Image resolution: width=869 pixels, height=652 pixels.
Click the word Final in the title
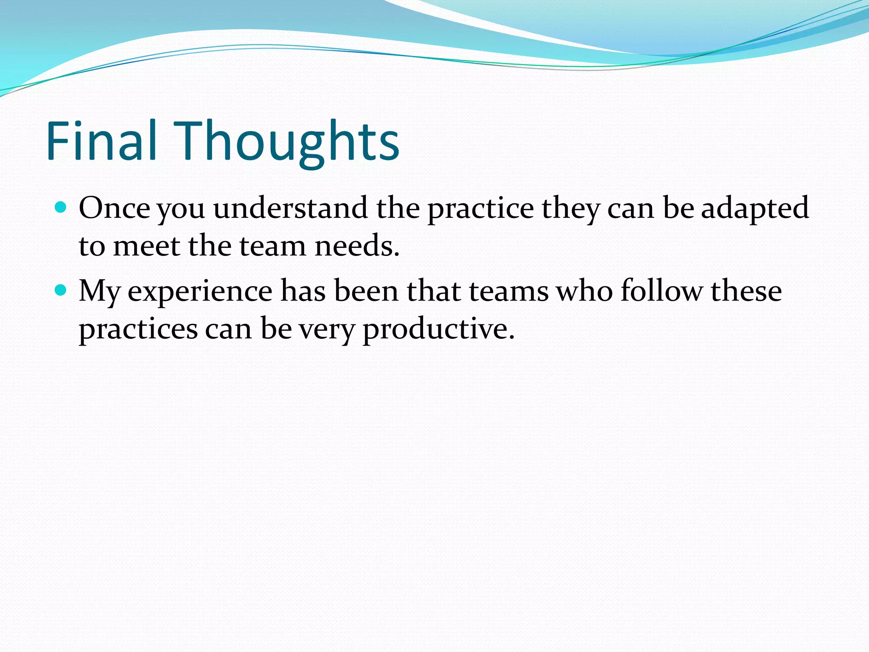[102, 141]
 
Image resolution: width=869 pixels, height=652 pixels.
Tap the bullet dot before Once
[61, 208]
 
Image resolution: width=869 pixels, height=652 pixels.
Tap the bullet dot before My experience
[61, 290]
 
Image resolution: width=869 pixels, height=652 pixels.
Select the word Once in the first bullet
[114, 208]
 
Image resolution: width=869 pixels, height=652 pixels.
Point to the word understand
[290, 208]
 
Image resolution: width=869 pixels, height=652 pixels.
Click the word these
[746, 291]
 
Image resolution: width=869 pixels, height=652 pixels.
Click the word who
[585, 291]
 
